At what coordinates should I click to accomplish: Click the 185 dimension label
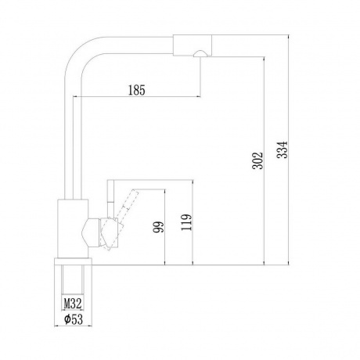(x=137, y=90)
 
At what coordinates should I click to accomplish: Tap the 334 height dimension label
(x=282, y=149)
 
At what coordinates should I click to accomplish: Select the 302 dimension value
(x=257, y=160)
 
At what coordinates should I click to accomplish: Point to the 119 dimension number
(x=186, y=222)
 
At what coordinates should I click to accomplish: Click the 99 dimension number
(x=159, y=227)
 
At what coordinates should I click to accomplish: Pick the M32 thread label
(x=73, y=304)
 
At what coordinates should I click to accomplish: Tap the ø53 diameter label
(x=74, y=319)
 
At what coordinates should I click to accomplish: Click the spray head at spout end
(x=192, y=45)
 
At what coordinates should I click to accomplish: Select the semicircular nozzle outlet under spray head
(x=200, y=52)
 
